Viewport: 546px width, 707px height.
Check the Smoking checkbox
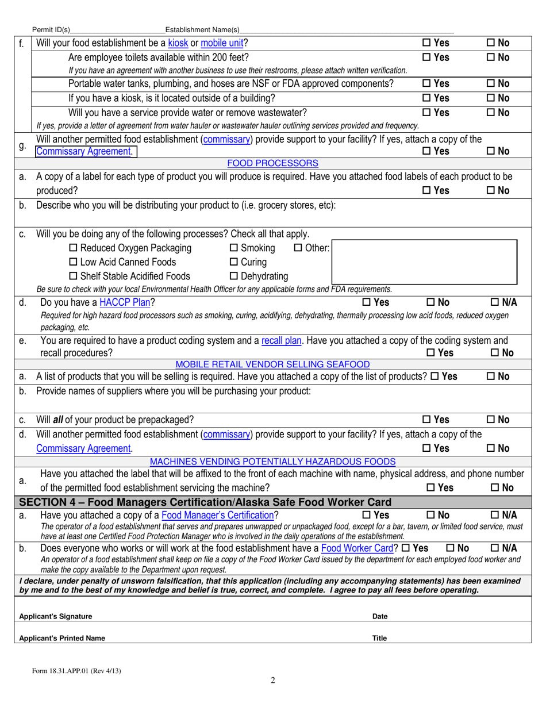pos(234,248)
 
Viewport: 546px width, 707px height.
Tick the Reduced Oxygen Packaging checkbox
pos(73,248)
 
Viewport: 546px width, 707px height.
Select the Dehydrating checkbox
pos(234,276)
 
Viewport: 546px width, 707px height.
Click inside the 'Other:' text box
pos(424,262)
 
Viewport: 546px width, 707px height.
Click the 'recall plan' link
pos(281,340)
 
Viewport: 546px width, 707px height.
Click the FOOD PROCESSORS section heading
pos(272,163)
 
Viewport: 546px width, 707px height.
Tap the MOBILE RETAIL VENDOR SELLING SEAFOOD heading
pos(272,364)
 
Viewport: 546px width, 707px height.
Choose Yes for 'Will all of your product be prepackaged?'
pos(427,420)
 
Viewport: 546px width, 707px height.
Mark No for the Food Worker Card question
pos(450,548)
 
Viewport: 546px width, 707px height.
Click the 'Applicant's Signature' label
pos(56,617)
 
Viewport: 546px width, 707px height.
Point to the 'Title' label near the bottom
pos(379,638)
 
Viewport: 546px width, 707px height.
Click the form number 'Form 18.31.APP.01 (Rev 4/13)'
pos(76,671)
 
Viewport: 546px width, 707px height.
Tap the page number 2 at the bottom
pos(273,681)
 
